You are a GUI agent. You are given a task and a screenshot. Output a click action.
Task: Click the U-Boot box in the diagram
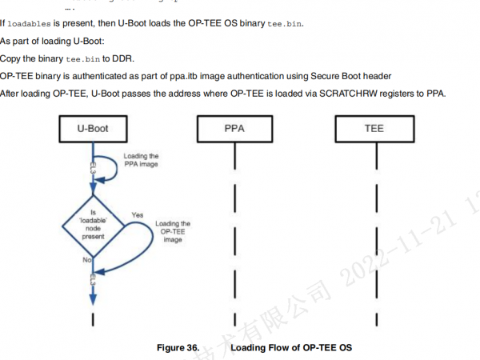94,128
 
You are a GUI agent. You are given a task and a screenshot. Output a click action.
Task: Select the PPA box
235,128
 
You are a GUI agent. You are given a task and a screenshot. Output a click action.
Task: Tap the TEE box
373,128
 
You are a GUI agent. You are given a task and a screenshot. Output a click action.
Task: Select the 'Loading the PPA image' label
142,161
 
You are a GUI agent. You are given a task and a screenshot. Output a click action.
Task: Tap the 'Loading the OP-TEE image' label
173,232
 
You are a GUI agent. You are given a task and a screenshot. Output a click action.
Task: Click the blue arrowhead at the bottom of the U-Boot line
94,297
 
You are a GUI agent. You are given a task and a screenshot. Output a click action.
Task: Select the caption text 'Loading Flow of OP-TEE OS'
291,348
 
